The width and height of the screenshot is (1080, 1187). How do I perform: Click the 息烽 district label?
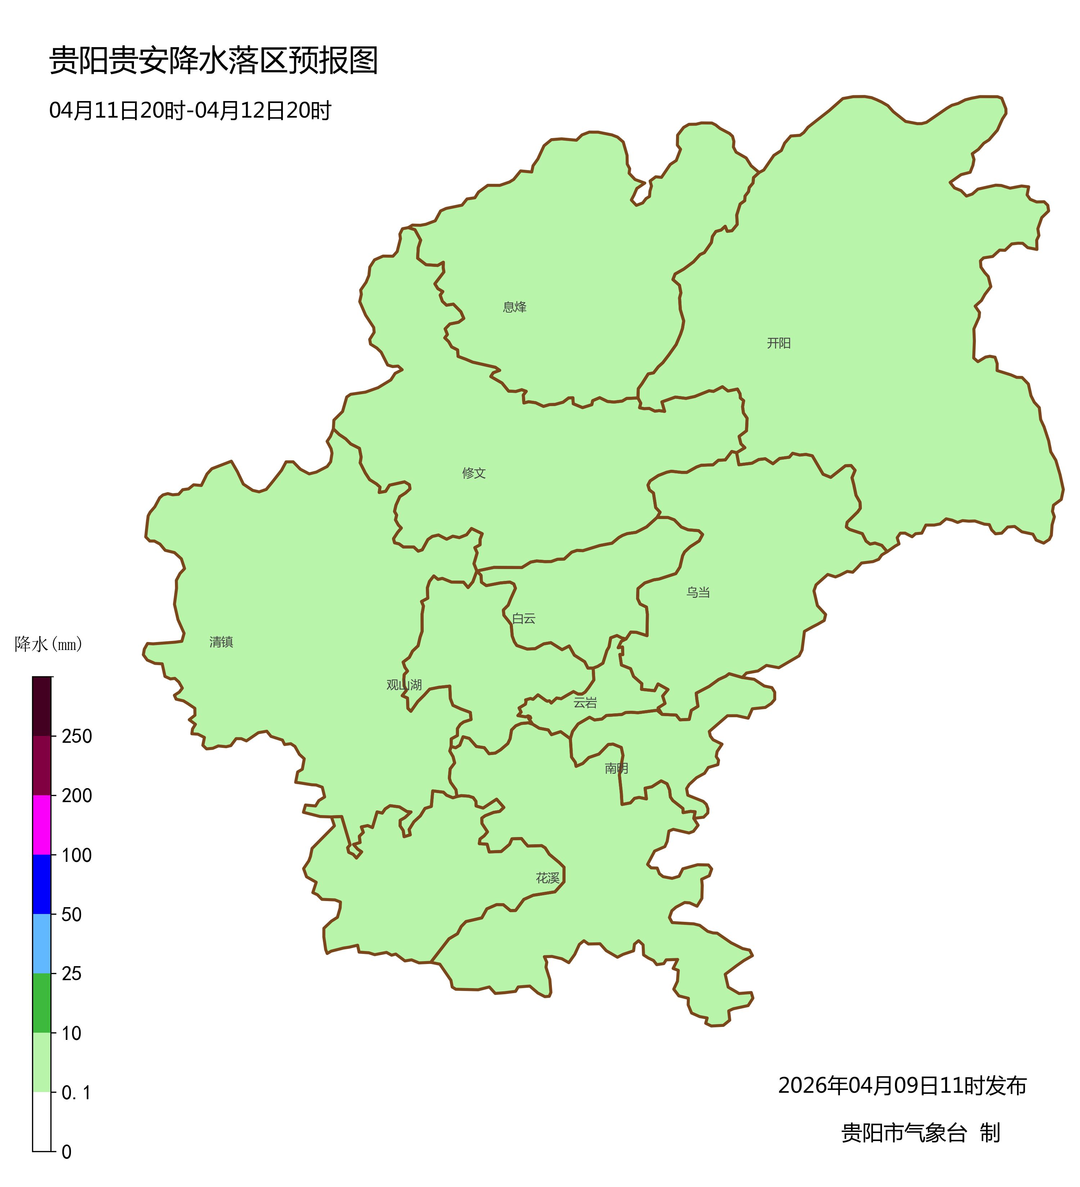(514, 307)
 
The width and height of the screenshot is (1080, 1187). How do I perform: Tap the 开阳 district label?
(778, 343)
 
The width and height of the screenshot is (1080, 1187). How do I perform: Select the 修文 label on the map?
(474, 473)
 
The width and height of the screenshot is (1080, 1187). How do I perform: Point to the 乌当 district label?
(698, 592)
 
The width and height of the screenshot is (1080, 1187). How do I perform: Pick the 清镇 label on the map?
(221, 642)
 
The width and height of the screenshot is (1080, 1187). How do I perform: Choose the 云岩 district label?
(585, 702)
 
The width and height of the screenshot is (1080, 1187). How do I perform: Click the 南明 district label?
(616, 768)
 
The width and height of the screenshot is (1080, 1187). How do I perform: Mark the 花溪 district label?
(547, 878)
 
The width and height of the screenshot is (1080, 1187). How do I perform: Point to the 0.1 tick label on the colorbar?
(77, 1093)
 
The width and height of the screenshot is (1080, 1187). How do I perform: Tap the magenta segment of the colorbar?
(42, 825)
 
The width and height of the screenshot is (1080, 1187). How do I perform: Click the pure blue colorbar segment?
(42, 884)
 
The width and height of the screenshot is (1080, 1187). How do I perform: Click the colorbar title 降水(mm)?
(48, 644)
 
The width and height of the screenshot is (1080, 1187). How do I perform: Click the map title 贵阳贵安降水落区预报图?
(213, 61)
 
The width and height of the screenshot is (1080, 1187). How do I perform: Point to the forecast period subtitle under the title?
(190, 111)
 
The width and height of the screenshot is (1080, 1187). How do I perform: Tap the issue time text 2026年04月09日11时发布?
(902, 1086)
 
